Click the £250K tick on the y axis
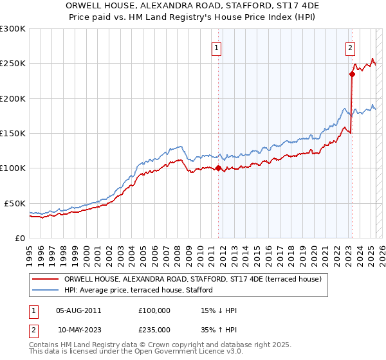click(13, 64)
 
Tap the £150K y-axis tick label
click(13, 133)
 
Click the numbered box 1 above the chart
click(217, 47)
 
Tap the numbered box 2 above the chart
click(351, 47)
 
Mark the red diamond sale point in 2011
click(218, 168)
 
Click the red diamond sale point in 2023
click(353, 74)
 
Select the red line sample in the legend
click(46, 279)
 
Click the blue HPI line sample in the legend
click(46, 291)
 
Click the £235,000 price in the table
click(154, 330)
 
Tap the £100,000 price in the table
click(154, 310)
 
